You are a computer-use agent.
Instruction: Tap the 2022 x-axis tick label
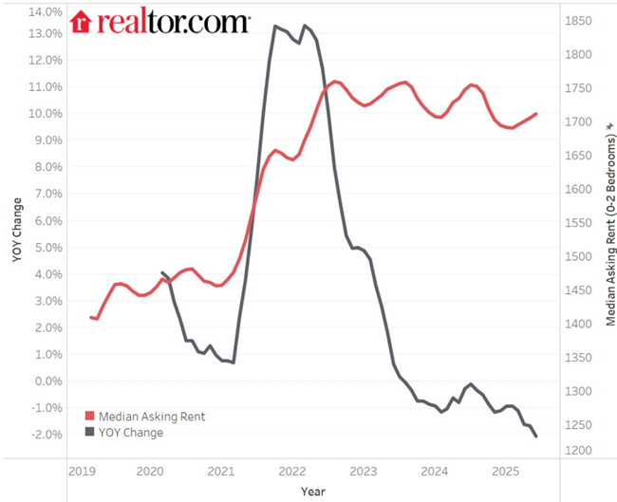point(291,471)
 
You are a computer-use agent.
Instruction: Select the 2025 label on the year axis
point(505,471)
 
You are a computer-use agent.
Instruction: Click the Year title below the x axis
point(312,492)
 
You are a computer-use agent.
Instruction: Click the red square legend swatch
point(90,417)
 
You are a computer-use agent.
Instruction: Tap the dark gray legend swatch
point(90,433)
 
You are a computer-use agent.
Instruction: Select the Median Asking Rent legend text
point(152,417)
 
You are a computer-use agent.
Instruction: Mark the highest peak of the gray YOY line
point(275,26)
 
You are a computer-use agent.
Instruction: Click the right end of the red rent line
point(536,114)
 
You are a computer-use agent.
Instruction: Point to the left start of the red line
point(91,317)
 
